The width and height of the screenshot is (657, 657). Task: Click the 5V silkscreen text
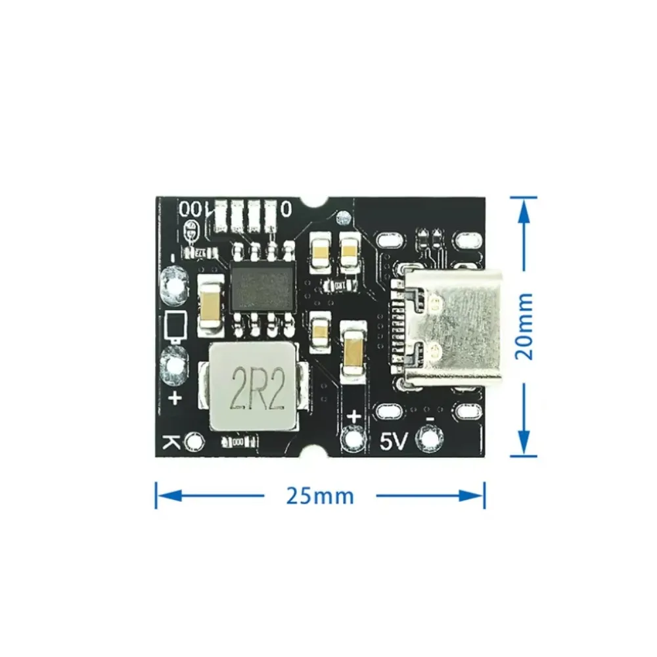tap(395, 442)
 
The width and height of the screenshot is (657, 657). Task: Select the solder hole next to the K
tap(194, 442)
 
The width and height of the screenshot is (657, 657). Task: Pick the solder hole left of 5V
tap(354, 438)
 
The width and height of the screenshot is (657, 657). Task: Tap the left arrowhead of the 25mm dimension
tap(162, 495)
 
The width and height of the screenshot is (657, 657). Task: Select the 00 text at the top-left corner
tap(191, 209)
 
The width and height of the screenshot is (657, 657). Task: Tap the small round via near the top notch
tap(341, 217)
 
